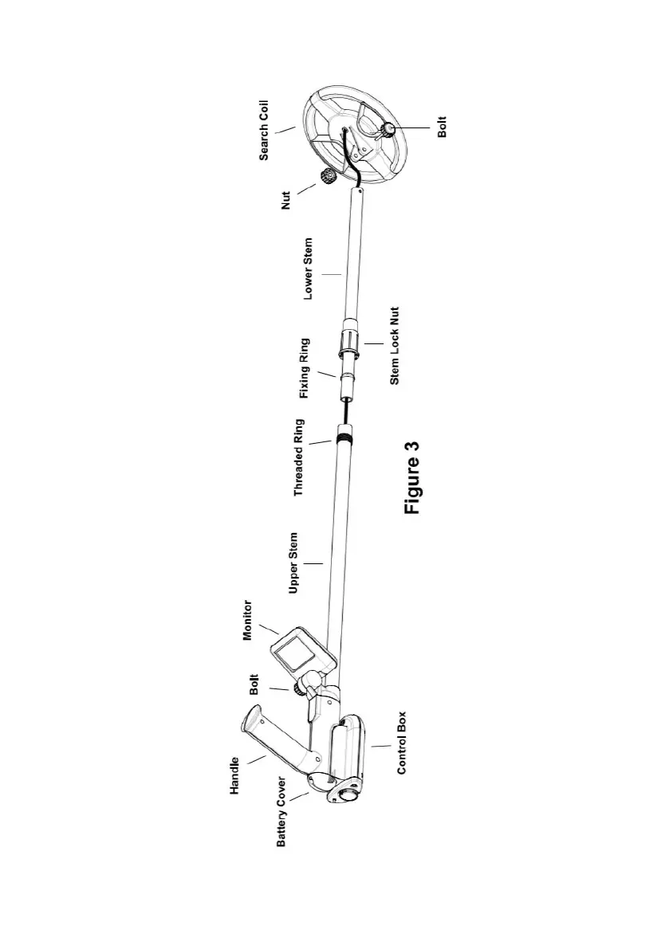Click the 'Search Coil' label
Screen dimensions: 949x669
[x=264, y=130]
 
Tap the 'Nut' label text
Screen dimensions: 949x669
[x=287, y=197]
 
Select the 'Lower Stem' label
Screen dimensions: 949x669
[x=309, y=268]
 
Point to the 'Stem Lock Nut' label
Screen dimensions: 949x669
[x=395, y=347]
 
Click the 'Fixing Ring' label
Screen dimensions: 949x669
[x=304, y=368]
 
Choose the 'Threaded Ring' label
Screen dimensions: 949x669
[x=299, y=457]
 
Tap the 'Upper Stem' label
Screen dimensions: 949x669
[x=294, y=563]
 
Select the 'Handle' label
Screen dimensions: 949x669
[x=235, y=774]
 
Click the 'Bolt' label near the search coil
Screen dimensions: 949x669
[x=443, y=127]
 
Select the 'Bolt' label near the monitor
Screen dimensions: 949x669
[x=254, y=685]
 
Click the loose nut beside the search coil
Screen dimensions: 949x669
[x=327, y=176]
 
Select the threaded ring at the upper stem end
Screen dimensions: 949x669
[x=345, y=437]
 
